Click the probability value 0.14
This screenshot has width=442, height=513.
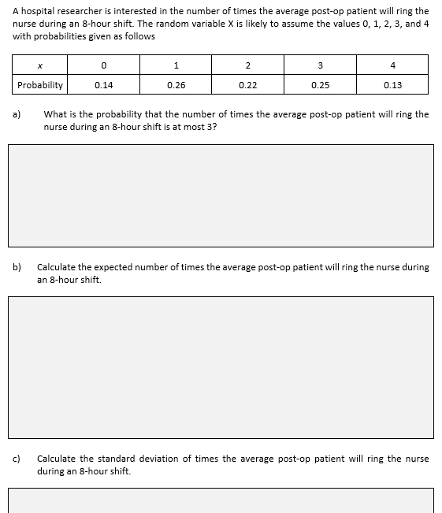[103, 85]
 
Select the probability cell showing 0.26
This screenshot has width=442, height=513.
[176, 85]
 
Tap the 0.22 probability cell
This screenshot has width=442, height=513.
[247, 85]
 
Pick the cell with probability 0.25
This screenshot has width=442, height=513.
[320, 85]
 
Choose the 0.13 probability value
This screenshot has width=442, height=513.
[392, 85]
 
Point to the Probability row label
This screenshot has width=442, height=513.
[40, 85]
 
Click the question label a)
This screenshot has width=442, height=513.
[16, 114]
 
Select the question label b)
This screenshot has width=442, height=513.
[16, 267]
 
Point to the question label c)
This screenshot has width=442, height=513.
[16, 459]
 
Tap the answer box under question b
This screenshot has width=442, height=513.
[221, 366]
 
